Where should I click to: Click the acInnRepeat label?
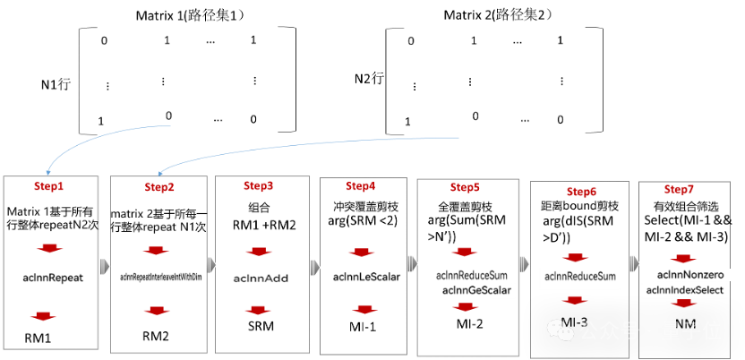coord(51,278)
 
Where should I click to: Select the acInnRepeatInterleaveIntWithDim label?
coord(160,278)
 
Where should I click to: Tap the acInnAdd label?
coord(261,279)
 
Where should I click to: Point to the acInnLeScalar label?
coord(365,278)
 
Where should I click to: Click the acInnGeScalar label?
coord(476,290)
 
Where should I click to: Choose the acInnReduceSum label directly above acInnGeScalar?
coord(472,275)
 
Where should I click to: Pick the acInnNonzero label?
coord(684,275)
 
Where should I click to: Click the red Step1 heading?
coord(50,186)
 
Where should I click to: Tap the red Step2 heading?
coord(159,187)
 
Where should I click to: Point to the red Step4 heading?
coord(361,186)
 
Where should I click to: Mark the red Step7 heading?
coord(680,190)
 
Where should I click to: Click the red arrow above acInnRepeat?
coord(47,249)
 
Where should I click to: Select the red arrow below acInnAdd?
coord(258,310)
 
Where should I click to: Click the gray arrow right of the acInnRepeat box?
coord(105,266)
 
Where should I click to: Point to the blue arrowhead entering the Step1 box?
coord(47,171)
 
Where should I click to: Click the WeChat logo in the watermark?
coord(561,330)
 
